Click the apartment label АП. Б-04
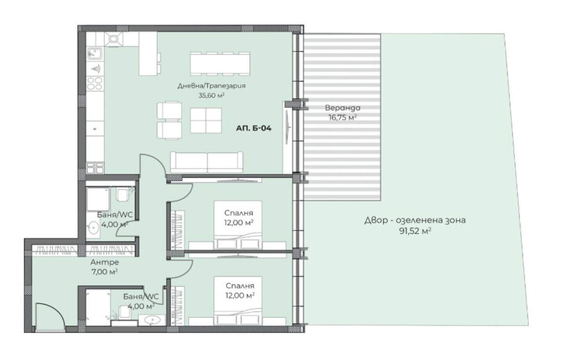click(x=254, y=128)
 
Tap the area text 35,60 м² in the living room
click(x=211, y=95)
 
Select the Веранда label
click(x=343, y=108)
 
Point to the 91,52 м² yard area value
click(x=415, y=231)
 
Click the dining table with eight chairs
click(x=220, y=64)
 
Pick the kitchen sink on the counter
click(x=95, y=54)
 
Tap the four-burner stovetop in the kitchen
click(x=94, y=84)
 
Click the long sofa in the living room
click(x=206, y=162)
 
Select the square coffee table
click(x=206, y=121)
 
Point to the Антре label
click(x=105, y=262)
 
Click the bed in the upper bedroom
click(x=238, y=225)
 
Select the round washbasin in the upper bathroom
click(x=94, y=228)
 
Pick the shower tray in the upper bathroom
click(x=98, y=200)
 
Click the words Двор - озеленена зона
click(x=415, y=220)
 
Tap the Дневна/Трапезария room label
click(x=212, y=86)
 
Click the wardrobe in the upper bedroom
click(x=178, y=230)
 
